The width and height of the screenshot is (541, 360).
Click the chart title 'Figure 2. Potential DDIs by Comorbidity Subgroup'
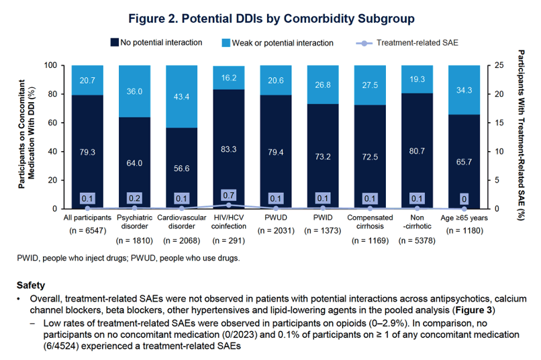[271, 18]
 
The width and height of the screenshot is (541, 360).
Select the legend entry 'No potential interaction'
[156, 42]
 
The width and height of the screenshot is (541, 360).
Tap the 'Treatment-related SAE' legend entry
[407, 43]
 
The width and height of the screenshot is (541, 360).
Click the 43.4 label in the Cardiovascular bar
[181, 97]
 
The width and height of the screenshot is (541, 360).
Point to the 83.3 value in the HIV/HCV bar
[229, 149]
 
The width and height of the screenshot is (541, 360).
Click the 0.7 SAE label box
[228, 195]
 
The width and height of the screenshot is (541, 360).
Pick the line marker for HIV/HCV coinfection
[229, 205]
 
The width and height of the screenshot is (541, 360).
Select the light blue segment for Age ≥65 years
[464, 90]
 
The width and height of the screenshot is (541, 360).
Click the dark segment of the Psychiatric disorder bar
[134, 163]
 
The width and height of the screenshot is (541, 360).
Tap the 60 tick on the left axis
[52, 123]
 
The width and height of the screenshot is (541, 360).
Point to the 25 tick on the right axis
[499, 65]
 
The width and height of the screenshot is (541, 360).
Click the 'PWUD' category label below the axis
[276, 218]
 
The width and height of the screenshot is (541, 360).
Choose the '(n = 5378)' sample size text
[417, 240]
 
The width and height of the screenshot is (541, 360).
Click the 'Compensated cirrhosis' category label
[370, 222]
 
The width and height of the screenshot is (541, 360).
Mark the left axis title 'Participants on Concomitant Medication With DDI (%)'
[27, 134]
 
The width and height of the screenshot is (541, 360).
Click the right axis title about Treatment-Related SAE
[521, 135]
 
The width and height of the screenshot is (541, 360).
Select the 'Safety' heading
[31, 285]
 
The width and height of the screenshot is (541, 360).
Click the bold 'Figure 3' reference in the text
[474, 310]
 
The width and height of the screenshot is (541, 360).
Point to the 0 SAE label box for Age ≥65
[464, 199]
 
